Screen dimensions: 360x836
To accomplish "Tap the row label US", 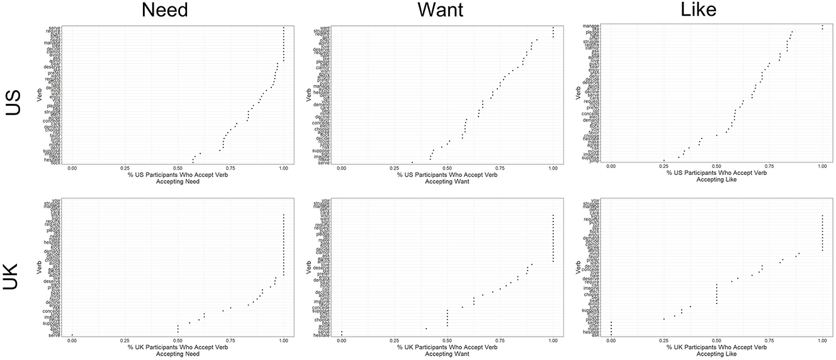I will click(14, 99).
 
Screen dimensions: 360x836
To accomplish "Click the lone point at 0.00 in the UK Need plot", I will click(72, 335).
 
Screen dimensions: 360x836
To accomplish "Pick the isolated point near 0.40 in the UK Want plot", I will click(426, 329).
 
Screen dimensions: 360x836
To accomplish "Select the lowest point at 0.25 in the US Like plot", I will click(664, 160).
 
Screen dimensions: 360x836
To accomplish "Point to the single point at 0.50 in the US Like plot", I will click(716, 135).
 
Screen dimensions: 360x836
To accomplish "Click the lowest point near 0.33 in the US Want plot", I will click(412, 162).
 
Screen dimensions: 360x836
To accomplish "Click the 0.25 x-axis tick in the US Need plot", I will click(125, 169).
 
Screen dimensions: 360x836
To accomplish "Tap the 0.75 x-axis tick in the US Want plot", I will click(500, 169).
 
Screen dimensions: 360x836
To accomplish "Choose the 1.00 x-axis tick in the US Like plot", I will click(822, 166).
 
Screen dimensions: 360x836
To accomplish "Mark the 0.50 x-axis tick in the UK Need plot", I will click(178, 341).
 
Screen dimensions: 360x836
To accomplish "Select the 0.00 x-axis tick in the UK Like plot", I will click(611, 341).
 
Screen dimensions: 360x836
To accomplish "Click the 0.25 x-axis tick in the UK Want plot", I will click(394, 341).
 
